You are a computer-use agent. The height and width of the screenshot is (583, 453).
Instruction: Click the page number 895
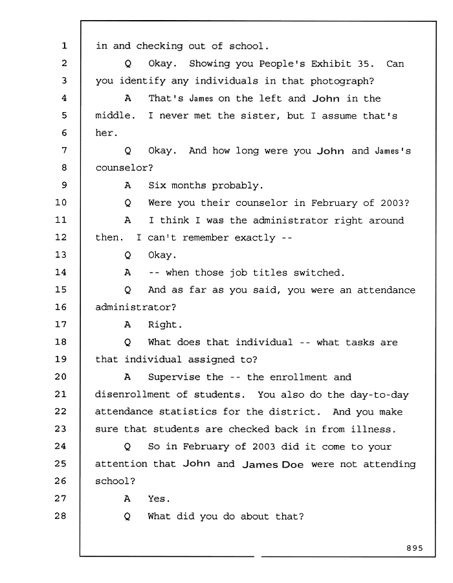pyautogui.click(x=415, y=548)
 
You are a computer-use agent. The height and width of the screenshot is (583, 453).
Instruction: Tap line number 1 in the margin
pyautogui.click(x=64, y=46)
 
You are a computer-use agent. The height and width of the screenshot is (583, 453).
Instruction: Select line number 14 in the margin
pyautogui.click(x=61, y=272)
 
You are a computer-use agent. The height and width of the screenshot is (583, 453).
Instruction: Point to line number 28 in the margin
pyautogui.click(x=61, y=516)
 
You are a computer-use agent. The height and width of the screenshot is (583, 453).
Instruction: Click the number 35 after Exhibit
pyautogui.click(x=363, y=63)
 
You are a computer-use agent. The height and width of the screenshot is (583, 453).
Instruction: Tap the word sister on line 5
pyautogui.click(x=258, y=116)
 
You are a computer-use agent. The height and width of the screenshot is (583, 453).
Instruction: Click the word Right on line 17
pyautogui.click(x=162, y=325)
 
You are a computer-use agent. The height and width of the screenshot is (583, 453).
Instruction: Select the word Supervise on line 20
pyautogui.click(x=174, y=377)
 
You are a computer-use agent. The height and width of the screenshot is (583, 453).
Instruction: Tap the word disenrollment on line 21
pyautogui.click(x=132, y=394)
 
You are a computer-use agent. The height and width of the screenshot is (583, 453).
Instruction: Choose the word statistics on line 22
pyautogui.click(x=188, y=411)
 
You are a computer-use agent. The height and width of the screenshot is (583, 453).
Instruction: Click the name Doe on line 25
pyautogui.click(x=293, y=464)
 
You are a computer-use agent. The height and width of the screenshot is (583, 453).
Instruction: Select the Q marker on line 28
pyautogui.click(x=127, y=516)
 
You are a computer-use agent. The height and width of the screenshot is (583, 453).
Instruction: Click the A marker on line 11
pyautogui.click(x=127, y=220)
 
